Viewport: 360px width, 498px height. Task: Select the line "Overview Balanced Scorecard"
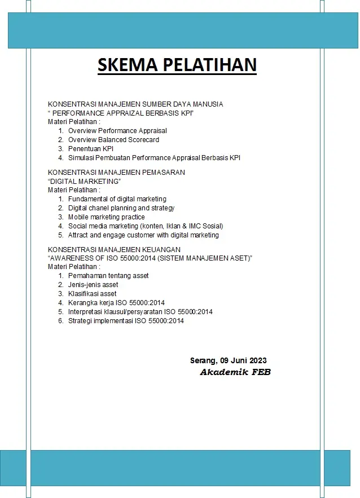113,140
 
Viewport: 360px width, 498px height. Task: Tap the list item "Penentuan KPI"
91,149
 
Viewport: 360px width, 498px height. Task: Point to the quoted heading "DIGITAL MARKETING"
85,181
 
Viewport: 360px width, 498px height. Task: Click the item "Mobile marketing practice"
106,217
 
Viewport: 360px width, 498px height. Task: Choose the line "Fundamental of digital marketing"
117,199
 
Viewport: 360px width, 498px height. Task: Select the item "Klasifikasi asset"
92,294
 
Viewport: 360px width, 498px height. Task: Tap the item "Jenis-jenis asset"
93,285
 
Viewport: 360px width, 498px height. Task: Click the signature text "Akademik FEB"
235,372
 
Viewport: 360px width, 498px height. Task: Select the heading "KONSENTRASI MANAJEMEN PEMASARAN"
116,172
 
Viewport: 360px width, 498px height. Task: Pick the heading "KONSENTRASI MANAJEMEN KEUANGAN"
114,249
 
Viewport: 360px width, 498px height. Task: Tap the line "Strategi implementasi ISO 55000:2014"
126,321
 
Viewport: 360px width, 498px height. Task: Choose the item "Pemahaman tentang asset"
108,276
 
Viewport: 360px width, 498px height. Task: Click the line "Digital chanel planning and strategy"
121,208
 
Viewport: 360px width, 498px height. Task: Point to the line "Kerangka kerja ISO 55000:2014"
116,303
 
